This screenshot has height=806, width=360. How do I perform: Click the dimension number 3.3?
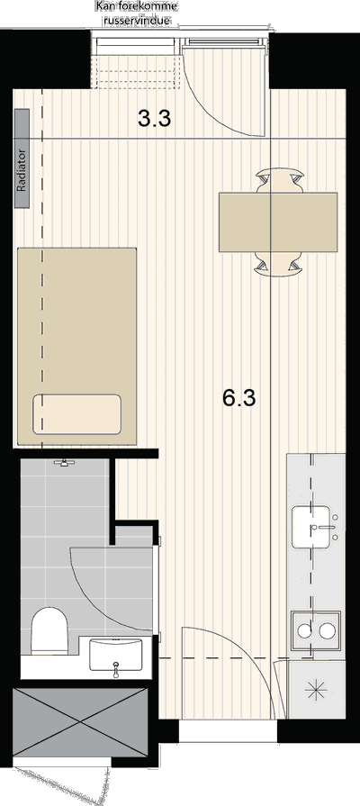(x=155, y=119)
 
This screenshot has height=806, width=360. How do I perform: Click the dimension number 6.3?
(x=239, y=398)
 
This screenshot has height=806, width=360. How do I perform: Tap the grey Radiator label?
(x=22, y=158)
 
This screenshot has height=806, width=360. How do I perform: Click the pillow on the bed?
(x=77, y=414)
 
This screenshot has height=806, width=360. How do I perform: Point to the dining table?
(x=278, y=222)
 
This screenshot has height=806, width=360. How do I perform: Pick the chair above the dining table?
(x=280, y=181)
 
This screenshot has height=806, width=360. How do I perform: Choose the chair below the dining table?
(x=279, y=264)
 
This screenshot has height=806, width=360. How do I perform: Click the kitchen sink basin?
(x=311, y=527)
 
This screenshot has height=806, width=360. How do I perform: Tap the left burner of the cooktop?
(x=305, y=630)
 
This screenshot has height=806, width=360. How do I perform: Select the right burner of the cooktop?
(x=327, y=630)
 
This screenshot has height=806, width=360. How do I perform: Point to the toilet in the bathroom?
(x=49, y=630)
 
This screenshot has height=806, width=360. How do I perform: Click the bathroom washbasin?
(x=116, y=655)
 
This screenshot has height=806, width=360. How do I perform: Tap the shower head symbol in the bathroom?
(x=64, y=463)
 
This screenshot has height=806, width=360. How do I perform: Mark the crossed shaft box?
(x=79, y=721)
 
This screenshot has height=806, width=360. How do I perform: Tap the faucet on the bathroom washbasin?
(x=116, y=668)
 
